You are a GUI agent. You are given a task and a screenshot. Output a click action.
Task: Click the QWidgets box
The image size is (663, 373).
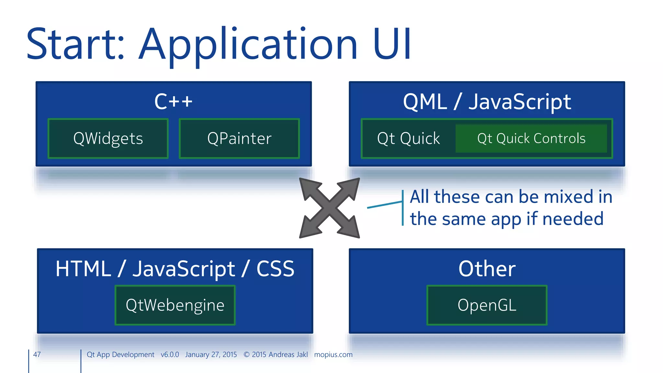pyautogui.click(x=108, y=139)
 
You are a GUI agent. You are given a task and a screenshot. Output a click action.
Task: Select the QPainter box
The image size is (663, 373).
pyautogui.click(x=239, y=139)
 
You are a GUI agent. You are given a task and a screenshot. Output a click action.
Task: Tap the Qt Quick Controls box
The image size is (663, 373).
pyautogui.click(x=531, y=139)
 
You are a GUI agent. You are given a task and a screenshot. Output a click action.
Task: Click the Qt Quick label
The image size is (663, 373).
pyautogui.click(x=409, y=139)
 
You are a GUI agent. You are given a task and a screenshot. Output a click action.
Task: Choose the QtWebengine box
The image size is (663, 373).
pyautogui.click(x=175, y=305)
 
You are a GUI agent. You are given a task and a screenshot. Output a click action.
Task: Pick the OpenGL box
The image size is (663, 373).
pyautogui.click(x=487, y=305)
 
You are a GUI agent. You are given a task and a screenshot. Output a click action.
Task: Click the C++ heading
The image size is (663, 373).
pyautogui.click(x=174, y=101)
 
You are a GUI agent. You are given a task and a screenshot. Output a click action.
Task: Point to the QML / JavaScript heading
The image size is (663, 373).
pyautogui.click(x=487, y=102)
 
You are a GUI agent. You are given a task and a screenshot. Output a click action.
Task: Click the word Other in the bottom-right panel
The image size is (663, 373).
pyautogui.click(x=487, y=269)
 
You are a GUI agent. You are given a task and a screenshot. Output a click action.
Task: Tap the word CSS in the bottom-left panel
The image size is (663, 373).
pyautogui.click(x=275, y=269)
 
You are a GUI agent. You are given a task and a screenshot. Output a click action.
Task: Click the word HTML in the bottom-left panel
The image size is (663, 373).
pyautogui.click(x=83, y=269)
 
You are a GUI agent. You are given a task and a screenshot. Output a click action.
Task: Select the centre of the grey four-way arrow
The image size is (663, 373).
pyautogui.click(x=330, y=208)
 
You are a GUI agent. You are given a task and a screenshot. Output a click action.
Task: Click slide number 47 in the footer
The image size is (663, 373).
pyautogui.click(x=37, y=355)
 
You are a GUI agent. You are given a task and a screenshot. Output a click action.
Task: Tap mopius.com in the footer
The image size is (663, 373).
pyautogui.click(x=333, y=355)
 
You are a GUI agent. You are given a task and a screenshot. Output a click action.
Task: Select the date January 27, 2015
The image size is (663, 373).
pyautogui.click(x=211, y=355)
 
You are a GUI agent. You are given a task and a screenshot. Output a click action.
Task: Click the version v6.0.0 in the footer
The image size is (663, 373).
pyautogui.click(x=170, y=355)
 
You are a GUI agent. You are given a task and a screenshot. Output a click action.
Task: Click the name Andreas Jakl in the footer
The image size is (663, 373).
pyautogui.click(x=288, y=355)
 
